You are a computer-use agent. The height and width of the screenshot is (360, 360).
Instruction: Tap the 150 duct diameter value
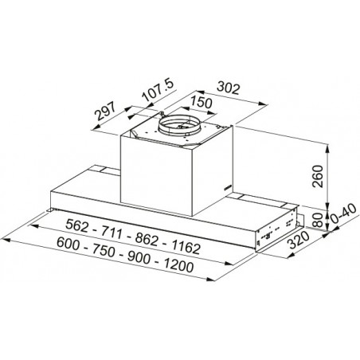pyautogui.click(x=202, y=102)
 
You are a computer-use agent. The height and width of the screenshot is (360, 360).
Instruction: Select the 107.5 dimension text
pyautogui.click(x=158, y=90)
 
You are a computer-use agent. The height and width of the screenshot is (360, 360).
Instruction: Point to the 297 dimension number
pyautogui.click(x=105, y=111)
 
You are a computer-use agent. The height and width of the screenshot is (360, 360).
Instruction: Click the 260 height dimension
pyautogui.click(x=318, y=176)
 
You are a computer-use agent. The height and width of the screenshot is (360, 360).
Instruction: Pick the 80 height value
pyautogui.click(x=318, y=220)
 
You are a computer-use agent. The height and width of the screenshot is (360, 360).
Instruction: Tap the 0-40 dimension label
pyautogui.click(x=343, y=213)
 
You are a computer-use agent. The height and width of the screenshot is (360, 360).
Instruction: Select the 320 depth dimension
pyautogui.click(x=299, y=240)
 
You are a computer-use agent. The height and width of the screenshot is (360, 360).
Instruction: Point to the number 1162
pyautogui.click(x=186, y=247)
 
